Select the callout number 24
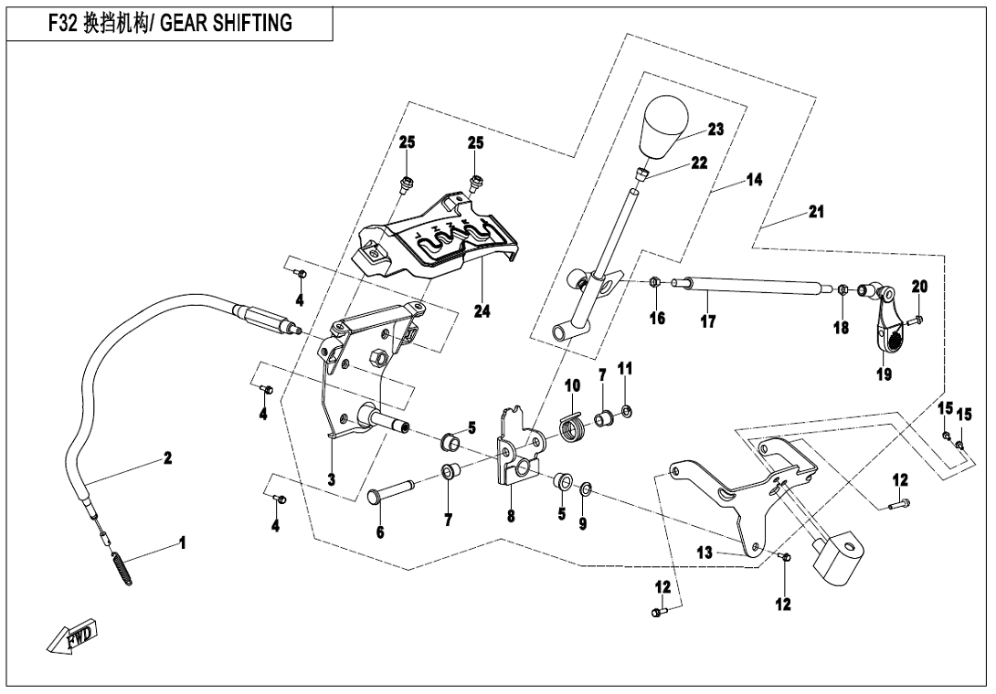pyautogui.click(x=482, y=311)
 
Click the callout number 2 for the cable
pyautogui.click(x=168, y=458)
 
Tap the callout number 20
pyautogui.click(x=919, y=287)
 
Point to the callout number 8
pyautogui.click(x=511, y=516)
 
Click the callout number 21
pyautogui.click(x=816, y=212)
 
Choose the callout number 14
pyautogui.click(x=754, y=180)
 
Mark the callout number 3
pyautogui.click(x=331, y=478)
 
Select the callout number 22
pyautogui.click(x=699, y=163)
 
